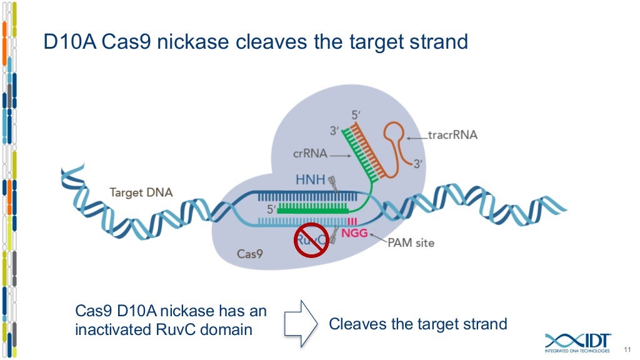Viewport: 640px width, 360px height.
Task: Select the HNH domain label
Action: (x=310, y=181)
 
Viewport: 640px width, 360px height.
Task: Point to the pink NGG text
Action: (x=354, y=233)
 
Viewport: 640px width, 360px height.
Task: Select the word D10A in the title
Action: (x=69, y=42)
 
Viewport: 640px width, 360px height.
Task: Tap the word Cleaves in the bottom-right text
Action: (x=355, y=324)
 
